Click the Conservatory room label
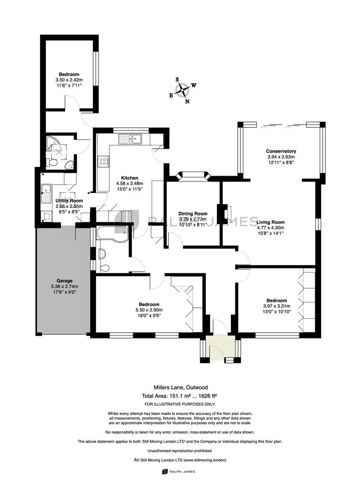281,151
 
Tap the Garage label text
65,281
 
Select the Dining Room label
193,214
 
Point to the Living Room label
270,222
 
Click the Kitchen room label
130,178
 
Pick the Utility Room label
69,201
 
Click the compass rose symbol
182,91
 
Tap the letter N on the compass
187,102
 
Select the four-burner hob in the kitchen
103,161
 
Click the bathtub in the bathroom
112,233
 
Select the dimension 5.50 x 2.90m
149,310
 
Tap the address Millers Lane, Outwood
181,387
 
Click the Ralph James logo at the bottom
178,471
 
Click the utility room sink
46,194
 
